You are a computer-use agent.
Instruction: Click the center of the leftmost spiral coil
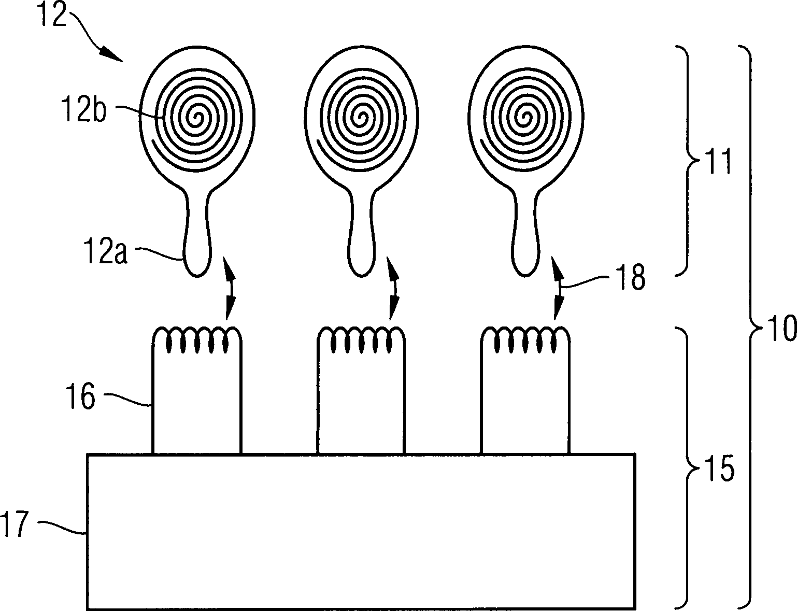[x=198, y=118]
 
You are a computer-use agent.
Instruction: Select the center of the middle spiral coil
[x=363, y=118]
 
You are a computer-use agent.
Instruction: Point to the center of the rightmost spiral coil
[x=526, y=118]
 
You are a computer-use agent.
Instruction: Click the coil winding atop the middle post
[x=361, y=339]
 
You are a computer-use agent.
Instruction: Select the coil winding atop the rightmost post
[x=525, y=339]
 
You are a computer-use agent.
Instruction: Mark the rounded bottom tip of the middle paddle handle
[x=362, y=276]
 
